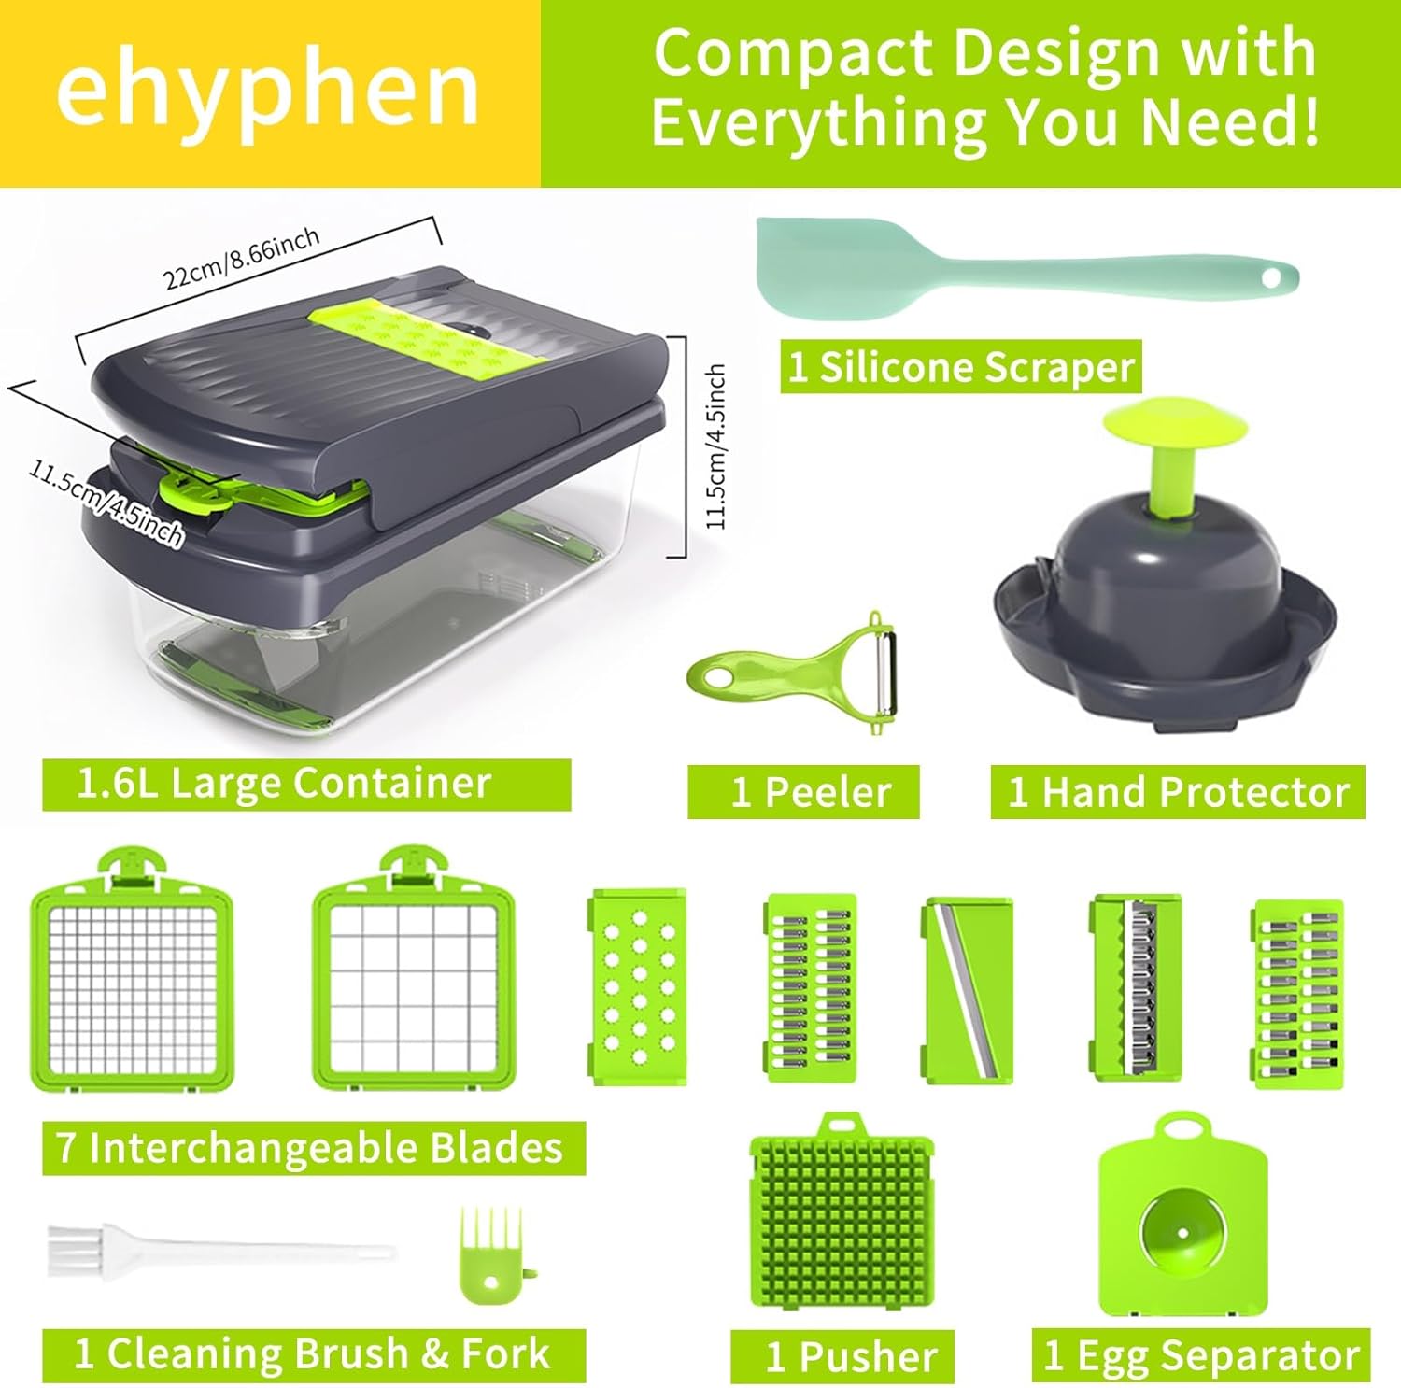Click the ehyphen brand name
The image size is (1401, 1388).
[268, 91]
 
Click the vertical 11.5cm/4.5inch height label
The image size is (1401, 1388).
[715, 446]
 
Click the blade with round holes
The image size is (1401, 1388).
[639, 986]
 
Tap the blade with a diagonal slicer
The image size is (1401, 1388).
[968, 991]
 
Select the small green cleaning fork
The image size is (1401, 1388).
[490, 1256]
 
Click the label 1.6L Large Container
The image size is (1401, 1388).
[284, 784]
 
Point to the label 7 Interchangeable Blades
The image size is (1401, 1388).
[310, 1148]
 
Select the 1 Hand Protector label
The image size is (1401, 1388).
[1178, 792]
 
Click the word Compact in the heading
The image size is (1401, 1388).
[793, 53]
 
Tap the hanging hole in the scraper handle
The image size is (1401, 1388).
[1269, 277]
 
